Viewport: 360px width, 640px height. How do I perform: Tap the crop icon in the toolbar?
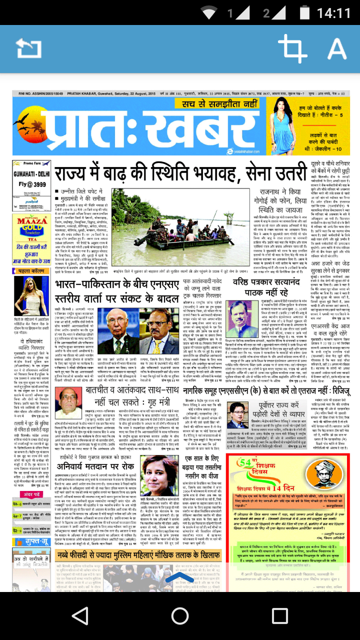click(292, 48)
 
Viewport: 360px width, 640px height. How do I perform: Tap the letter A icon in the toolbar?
click(336, 48)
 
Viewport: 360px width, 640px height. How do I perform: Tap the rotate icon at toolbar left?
click(28, 49)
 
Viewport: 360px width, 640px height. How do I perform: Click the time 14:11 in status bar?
click(334, 12)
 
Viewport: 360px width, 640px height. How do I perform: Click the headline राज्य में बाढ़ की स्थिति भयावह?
click(179, 174)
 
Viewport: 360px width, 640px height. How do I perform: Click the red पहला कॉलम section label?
click(31, 271)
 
